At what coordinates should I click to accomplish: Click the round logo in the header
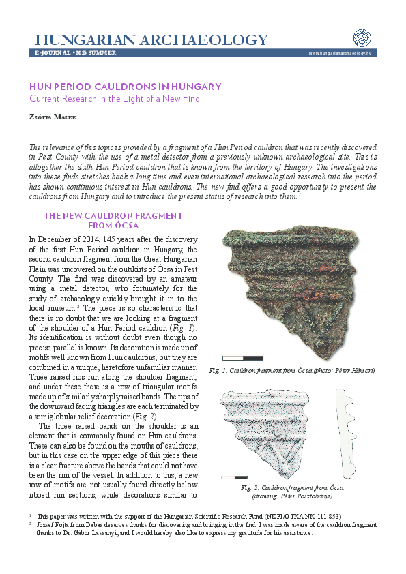pos(362,38)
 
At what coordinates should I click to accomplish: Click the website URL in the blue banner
pos(340,53)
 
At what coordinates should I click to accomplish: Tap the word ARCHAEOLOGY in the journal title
pos(202,39)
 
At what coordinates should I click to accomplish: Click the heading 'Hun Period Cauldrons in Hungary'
pos(125,87)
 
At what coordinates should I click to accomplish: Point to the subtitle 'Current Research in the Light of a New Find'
pos(115,99)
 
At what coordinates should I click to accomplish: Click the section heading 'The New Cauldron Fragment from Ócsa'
pos(113,220)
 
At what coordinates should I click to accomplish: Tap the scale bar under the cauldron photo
pos(243,357)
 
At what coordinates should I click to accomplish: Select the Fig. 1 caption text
pos(292,370)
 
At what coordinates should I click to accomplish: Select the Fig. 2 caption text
pos(292,492)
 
